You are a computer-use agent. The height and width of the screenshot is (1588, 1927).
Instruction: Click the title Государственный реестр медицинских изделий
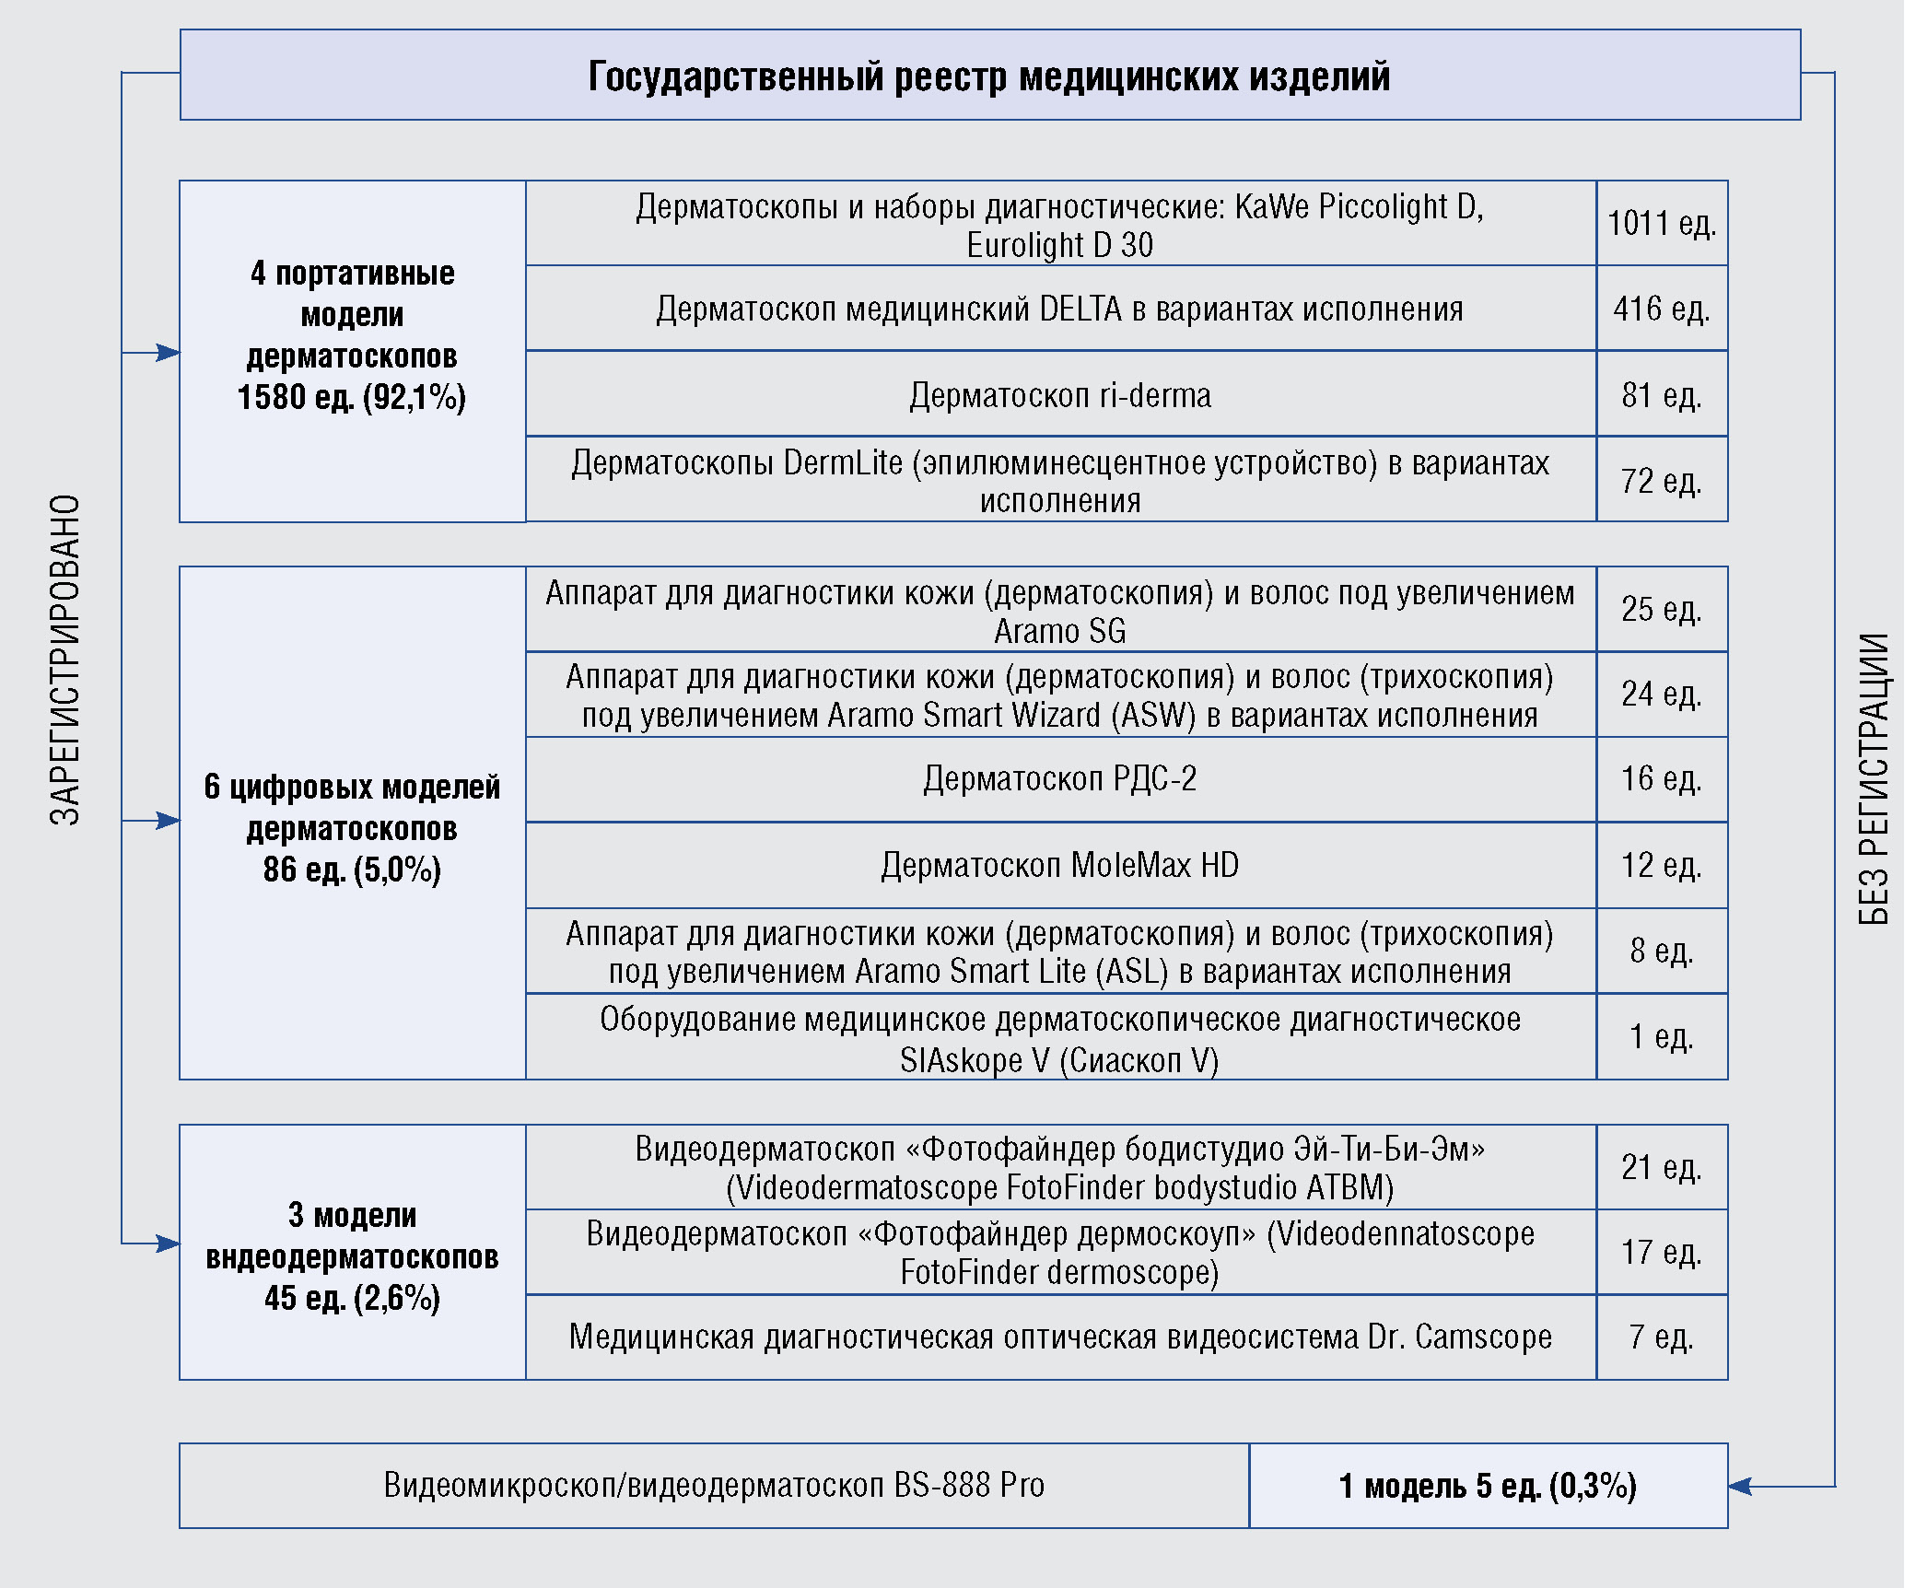(989, 76)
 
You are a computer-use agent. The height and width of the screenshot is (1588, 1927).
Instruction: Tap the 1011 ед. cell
(1662, 223)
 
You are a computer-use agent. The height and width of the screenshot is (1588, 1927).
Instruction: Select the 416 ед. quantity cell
(1662, 309)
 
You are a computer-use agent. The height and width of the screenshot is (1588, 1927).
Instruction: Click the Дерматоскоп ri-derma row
(1060, 394)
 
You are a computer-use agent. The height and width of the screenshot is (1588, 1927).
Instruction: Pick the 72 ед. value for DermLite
(1662, 480)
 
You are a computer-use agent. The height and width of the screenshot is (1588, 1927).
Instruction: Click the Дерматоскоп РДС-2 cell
(1060, 779)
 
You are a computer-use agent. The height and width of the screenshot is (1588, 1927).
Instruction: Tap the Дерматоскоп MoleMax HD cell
(1060, 865)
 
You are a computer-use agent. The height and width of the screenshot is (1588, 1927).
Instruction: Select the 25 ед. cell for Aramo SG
(1662, 609)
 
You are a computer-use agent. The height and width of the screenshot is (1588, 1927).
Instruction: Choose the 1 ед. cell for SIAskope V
(1662, 1036)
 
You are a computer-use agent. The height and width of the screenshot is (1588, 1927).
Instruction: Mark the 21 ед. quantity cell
(1662, 1167)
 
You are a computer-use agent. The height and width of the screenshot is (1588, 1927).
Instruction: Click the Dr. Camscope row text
(1060, 1337)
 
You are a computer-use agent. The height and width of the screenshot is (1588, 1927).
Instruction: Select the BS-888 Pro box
(714, 1485)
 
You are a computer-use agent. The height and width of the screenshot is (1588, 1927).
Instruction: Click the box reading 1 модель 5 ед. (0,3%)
(1488, 1485)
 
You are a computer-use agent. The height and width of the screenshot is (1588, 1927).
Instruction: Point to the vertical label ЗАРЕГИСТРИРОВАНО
(65, 660)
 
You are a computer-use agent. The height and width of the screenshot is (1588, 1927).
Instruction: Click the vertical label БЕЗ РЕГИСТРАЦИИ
(1874, 778)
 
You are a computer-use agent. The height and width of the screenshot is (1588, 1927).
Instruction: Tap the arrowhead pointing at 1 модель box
(1739, 1486)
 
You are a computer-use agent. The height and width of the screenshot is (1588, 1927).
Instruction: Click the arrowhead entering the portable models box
(169, 352)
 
